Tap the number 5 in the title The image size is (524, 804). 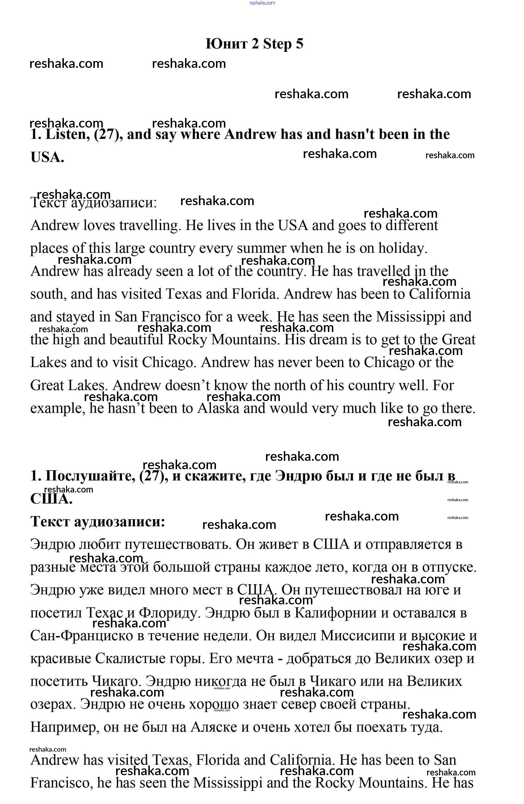click(x=299, y=44)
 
